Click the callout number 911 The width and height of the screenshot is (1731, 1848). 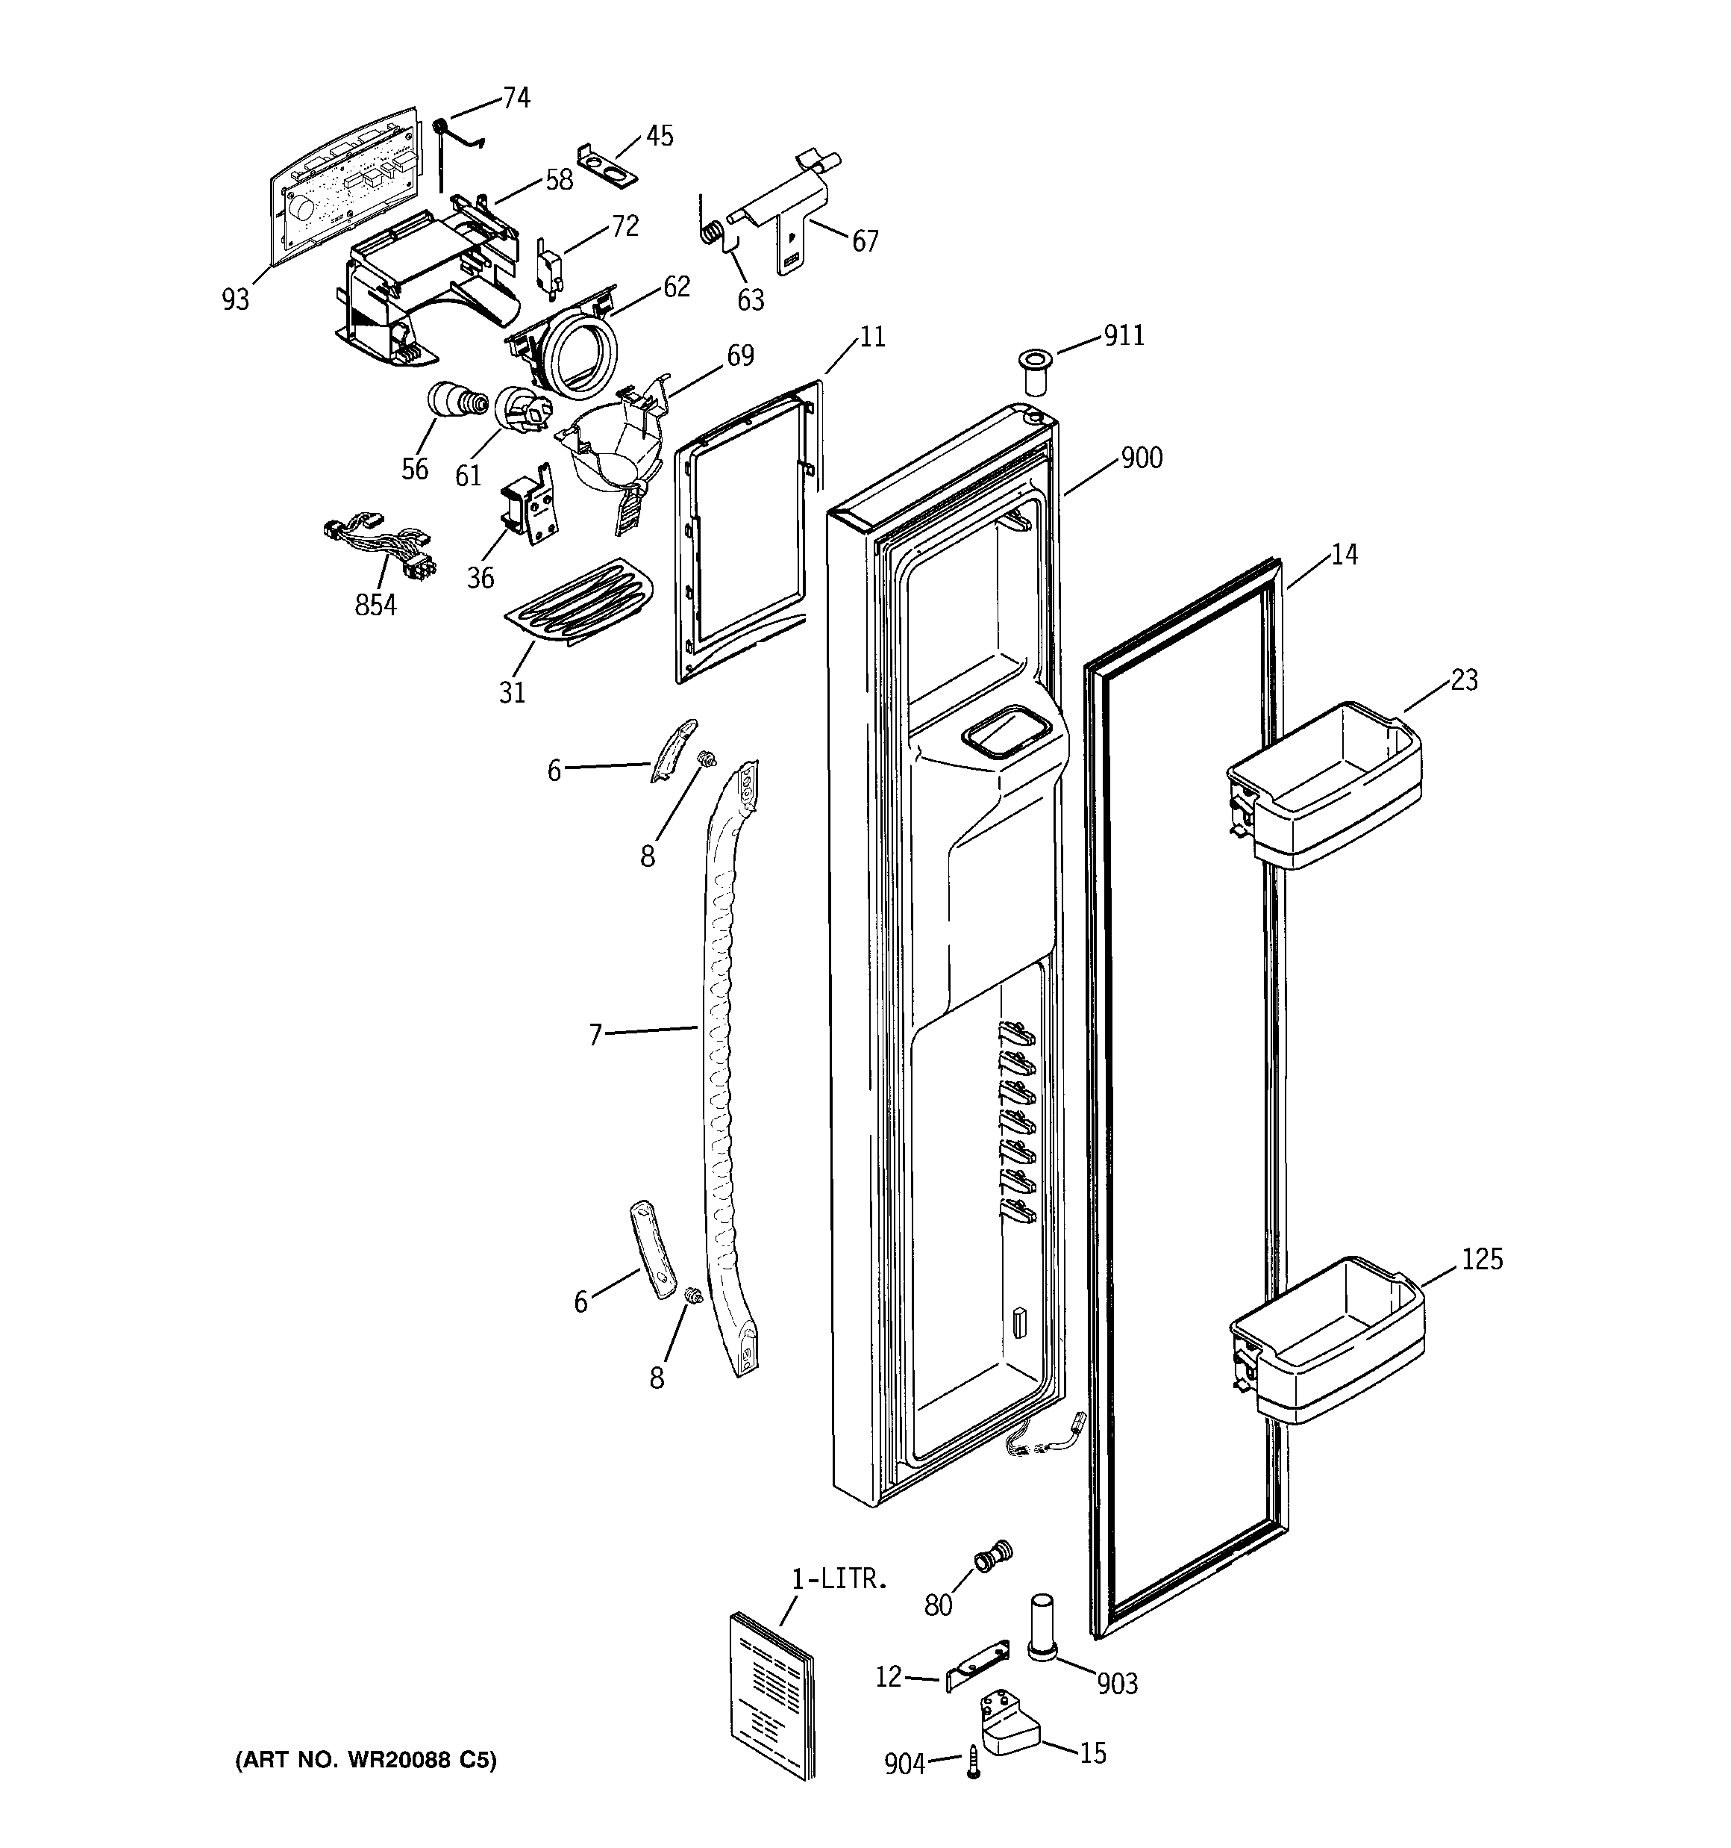(1124, 335)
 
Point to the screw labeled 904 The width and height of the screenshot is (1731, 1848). (974, 1761)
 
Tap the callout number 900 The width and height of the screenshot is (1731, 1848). (1141, 458)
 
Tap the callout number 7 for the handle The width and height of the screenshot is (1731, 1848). (595, 1033)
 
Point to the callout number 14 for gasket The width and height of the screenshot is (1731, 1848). (1344, 554)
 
